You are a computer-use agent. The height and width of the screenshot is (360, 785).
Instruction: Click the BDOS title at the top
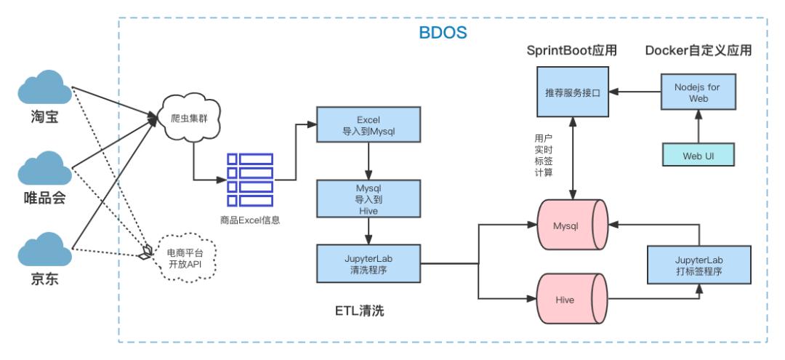coord(443,33)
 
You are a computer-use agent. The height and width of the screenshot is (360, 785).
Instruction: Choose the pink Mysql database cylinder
coord(571,227)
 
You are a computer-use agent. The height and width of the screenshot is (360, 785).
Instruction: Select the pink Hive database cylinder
coord(571,297)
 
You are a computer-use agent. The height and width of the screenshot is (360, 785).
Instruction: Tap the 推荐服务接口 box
coord(572,93)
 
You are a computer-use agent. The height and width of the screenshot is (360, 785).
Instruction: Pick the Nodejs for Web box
coord(698,93)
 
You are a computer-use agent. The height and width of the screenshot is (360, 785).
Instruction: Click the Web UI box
coord(698,156)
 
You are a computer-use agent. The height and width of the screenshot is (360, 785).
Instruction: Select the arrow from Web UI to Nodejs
coord(698,129)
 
